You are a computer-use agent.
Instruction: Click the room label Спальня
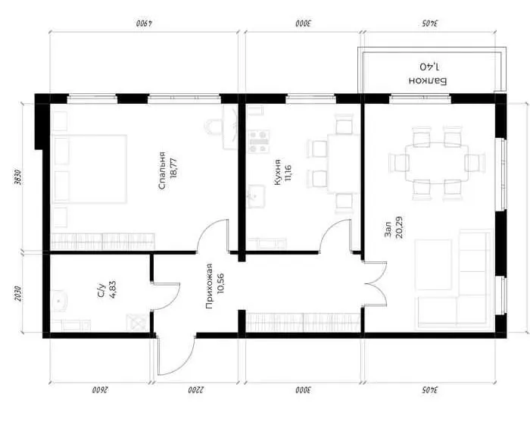pos(162,170)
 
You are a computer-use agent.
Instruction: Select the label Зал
pos(388,230)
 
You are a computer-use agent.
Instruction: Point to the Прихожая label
pos(209,286)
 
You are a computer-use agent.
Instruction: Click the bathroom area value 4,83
pos(113,289)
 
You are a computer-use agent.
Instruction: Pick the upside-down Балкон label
pos(428,81)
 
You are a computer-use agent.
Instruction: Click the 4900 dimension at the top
pos(145,23)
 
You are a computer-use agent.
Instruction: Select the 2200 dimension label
pos(196,389)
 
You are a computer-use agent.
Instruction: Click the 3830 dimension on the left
pos(18,177)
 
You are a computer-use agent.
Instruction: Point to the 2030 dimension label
pos(18,294)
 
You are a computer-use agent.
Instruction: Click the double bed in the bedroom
pos(89,169)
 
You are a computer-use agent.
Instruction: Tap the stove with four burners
pos(259,142)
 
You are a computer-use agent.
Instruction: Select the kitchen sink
pos(257,196)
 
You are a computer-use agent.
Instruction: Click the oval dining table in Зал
pos(437,163)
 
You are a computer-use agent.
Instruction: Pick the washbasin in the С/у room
pos(60,300)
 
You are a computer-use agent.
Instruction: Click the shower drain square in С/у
pos(136,322)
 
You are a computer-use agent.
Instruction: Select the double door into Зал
pos(376,283)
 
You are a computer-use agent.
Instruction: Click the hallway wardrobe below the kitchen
pos(303,322)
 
